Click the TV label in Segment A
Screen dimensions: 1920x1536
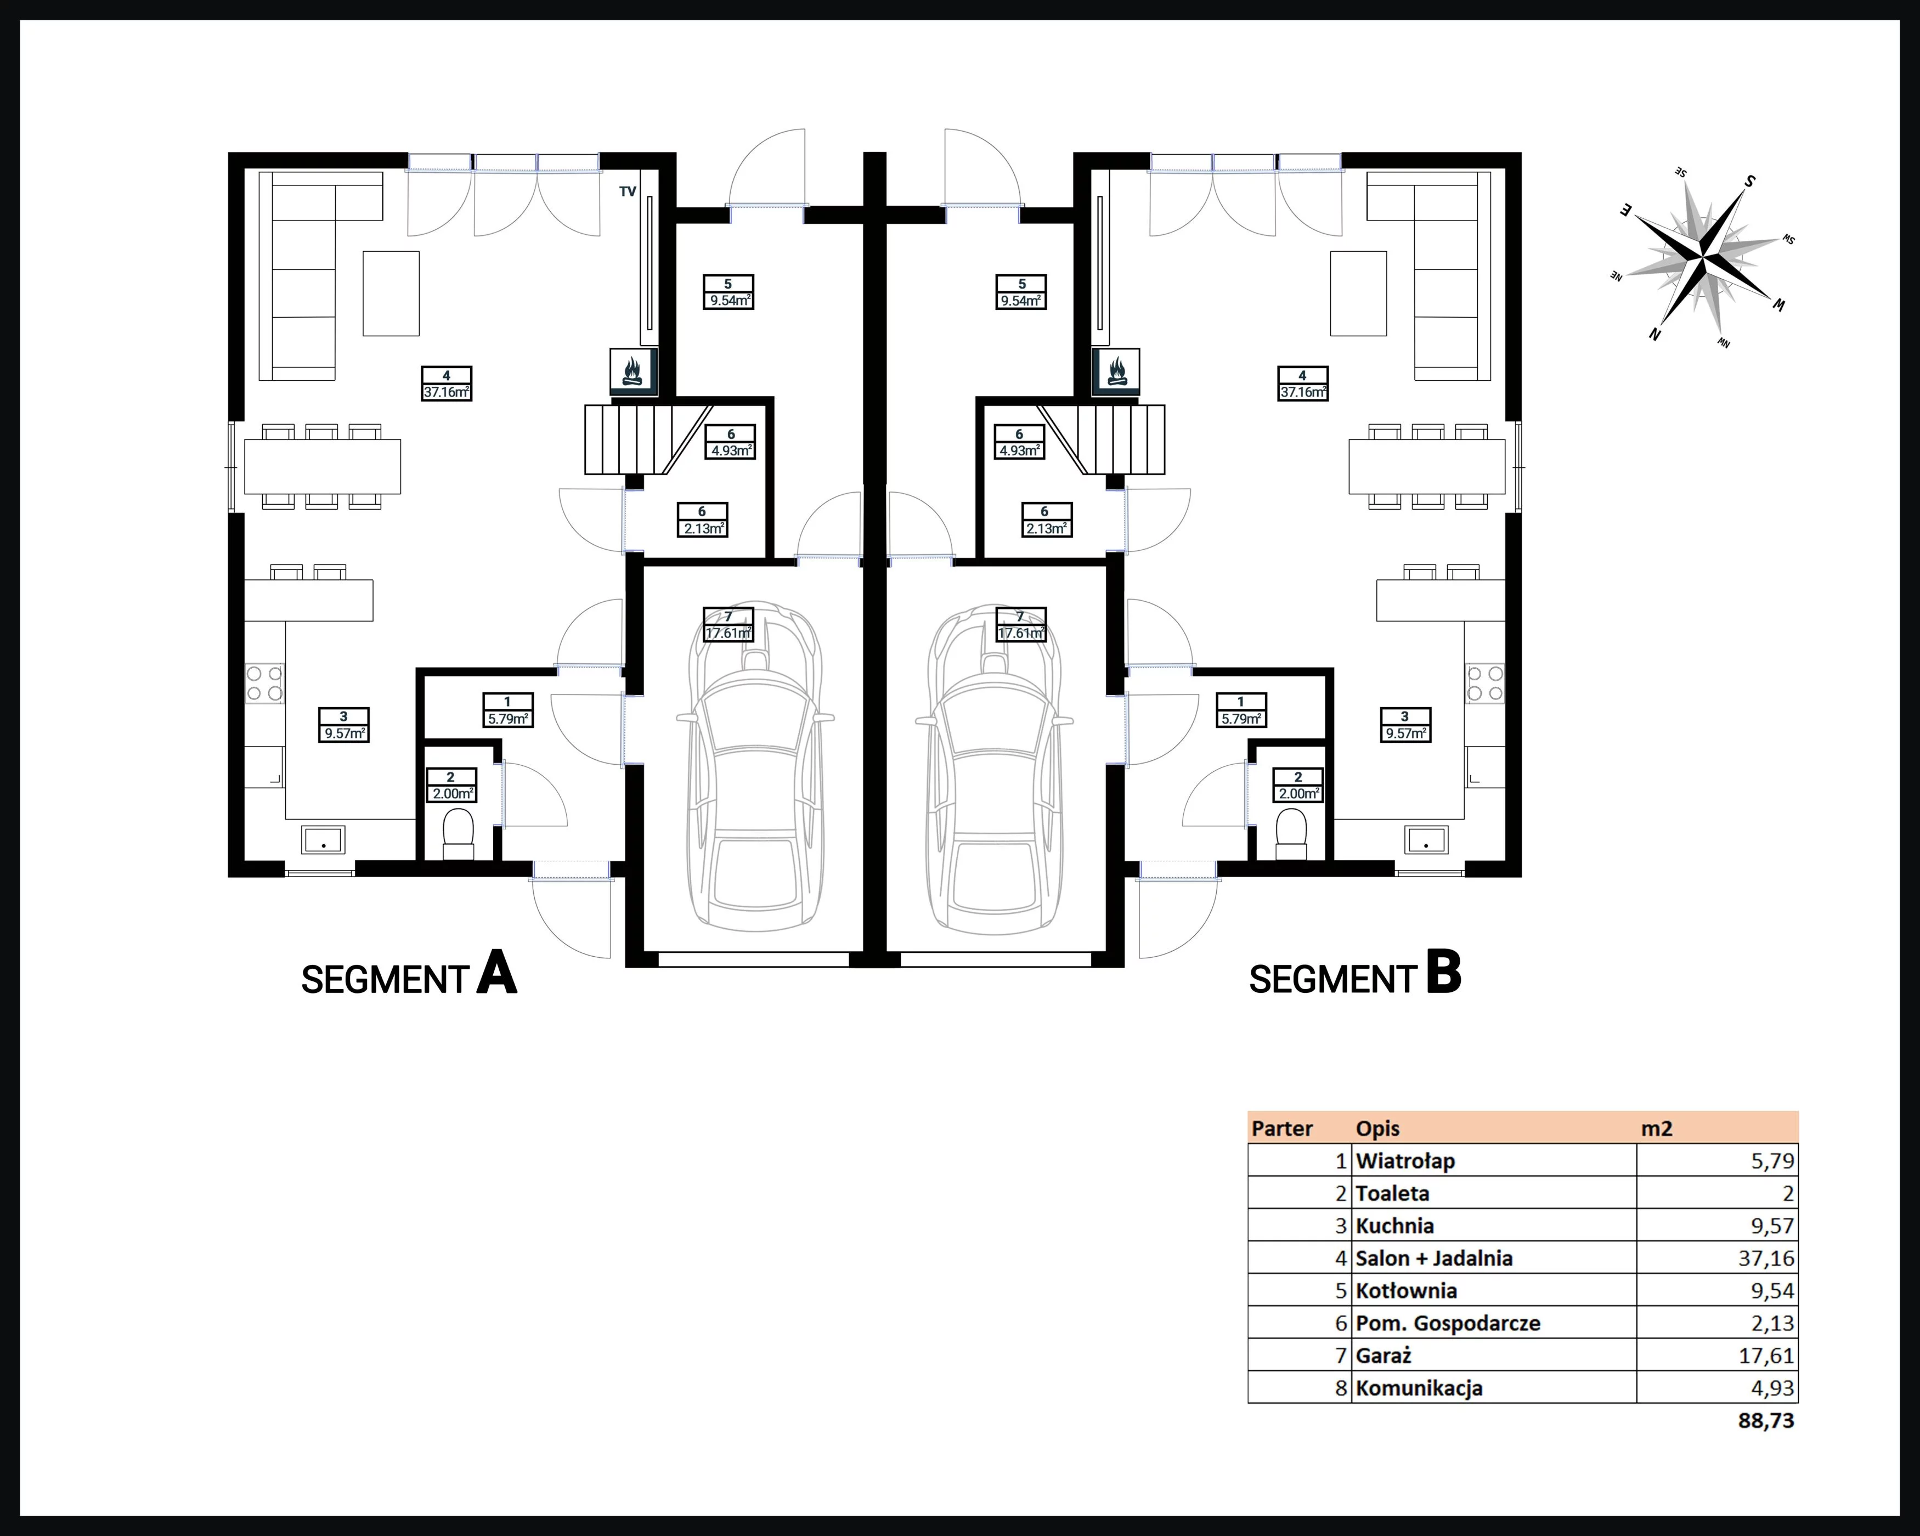point(628,191)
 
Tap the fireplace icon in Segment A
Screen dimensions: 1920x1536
point(633,371)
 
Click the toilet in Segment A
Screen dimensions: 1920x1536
point(459,834)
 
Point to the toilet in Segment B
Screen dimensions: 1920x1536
point(1291,834)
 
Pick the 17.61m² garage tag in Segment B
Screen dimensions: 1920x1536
point(1020,624)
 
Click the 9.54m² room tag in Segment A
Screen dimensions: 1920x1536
point(729,292)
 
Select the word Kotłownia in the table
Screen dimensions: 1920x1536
point(1406,1290)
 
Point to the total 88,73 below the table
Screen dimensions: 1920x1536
point(1766,1420)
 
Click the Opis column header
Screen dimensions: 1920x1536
point(1377,1129)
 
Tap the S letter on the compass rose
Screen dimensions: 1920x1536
point(1749,182)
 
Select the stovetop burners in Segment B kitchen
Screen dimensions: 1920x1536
point(1484,683)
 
